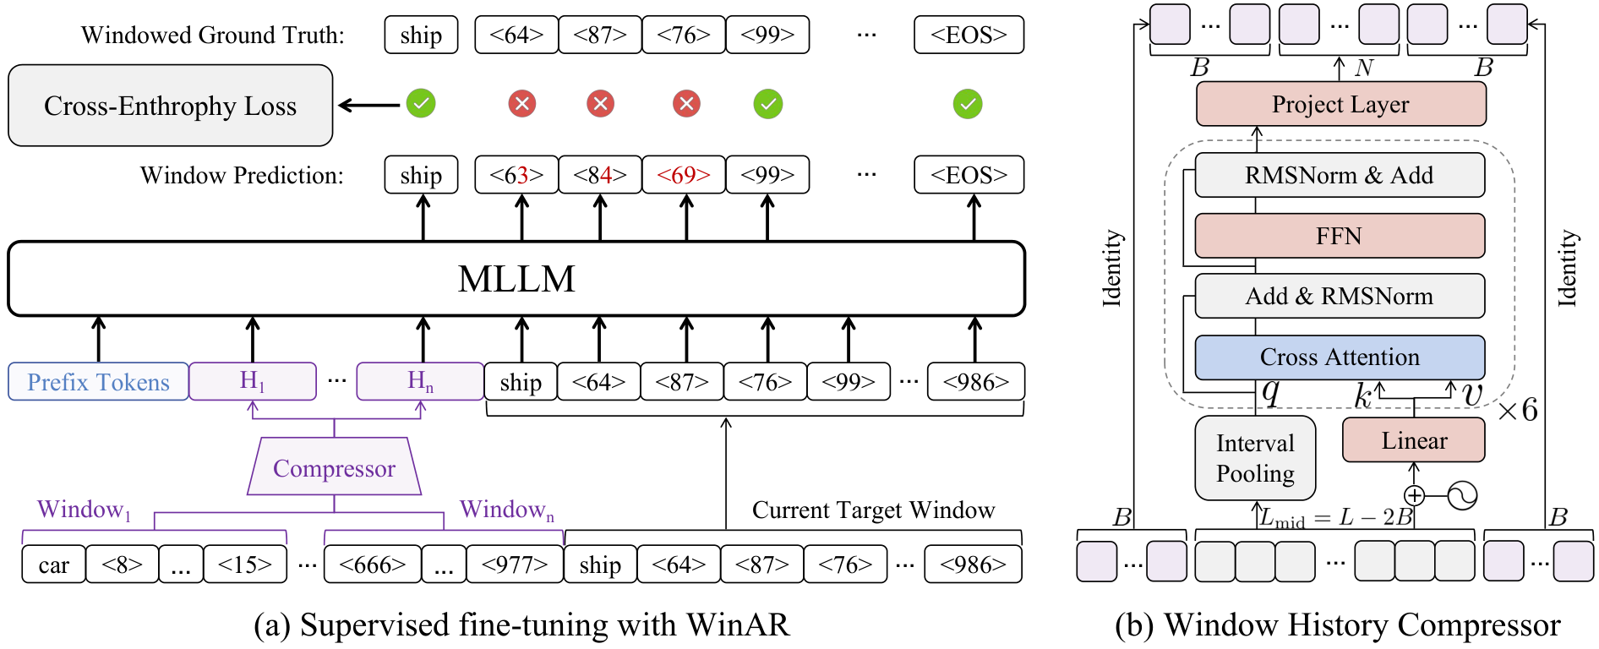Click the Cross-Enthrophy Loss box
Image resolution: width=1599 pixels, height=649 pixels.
(x=170, y=106)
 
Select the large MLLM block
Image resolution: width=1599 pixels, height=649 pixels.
(x=516, y=279)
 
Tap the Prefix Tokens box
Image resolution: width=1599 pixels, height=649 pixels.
(x=98, y=382)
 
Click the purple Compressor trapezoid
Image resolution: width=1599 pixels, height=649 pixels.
(x=334, y=466)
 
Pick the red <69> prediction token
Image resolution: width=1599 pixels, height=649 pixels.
(x=684, y=175)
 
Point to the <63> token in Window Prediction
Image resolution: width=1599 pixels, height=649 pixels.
(x=516, y=175)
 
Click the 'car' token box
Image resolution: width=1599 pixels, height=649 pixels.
(x=54, y=564)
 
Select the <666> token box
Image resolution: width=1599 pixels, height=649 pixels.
(x=373, y=564)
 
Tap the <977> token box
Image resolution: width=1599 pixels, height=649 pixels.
(x=515, y=564)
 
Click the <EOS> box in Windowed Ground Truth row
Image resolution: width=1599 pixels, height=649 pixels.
(x=969, y=35)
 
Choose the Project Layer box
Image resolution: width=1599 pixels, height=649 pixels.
(x=1340, y=104)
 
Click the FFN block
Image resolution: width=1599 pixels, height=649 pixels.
(x=1340, y=236)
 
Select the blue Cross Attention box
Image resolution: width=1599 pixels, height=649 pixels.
(x=1340, y=357)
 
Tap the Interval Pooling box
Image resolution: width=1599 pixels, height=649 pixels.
(x=1255, y=458)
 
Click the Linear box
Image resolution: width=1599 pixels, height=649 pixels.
(x=1414, y=440)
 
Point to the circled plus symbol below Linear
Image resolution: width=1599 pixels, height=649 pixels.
(x=1414, y=496)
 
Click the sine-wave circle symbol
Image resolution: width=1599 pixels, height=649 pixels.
(x=1462, y=495)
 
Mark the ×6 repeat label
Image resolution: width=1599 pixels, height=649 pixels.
(x=1518, y=410)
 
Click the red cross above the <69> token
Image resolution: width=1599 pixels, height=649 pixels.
(x=686, y=104)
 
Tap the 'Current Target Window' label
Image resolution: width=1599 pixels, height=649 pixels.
(x=874, y=510)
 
